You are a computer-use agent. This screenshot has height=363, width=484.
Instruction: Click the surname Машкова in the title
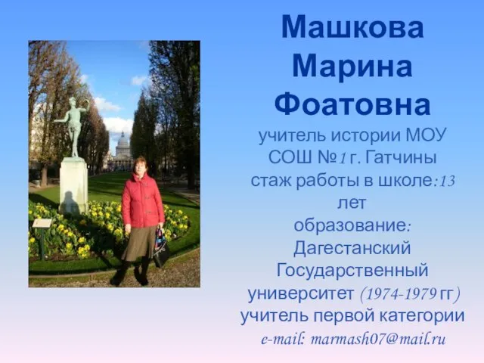(352, 27)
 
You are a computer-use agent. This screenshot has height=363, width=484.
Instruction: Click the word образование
(350, 226)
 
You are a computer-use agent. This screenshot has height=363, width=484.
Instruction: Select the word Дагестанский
(352, 249)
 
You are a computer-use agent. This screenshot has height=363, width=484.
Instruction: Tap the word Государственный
(352, 271)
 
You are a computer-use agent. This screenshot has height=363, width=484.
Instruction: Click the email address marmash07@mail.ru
(378, 340)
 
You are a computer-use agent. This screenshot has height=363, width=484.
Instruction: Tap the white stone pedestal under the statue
(73, 186)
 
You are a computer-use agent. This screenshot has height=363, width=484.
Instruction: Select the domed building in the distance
(123, 150)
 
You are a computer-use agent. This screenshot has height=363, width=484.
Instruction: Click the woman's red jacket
(143, 200)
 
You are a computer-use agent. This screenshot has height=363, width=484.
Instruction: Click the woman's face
(139, 166)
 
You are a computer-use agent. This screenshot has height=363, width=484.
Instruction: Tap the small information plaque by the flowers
(42, 223)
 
